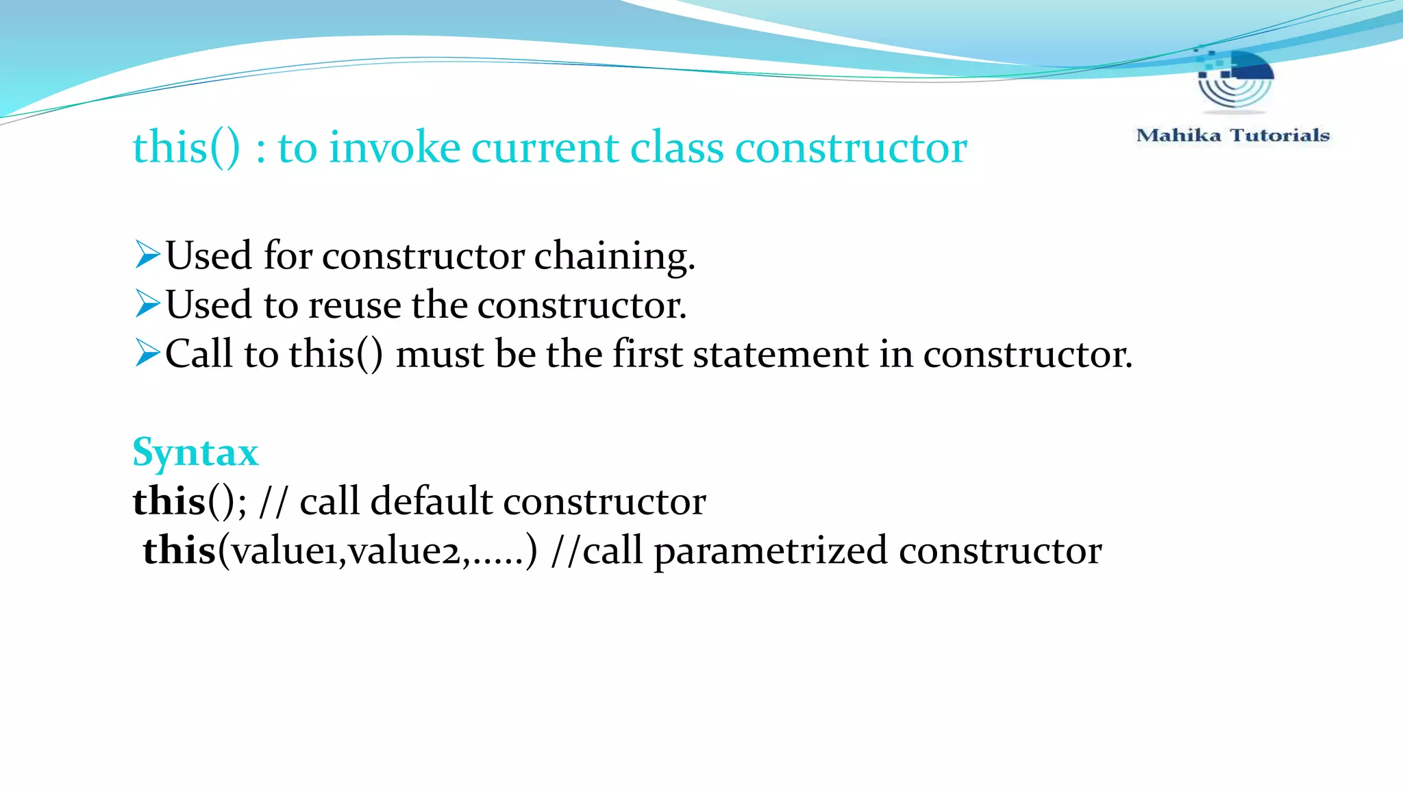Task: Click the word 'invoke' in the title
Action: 395,147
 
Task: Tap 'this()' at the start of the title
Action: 186,147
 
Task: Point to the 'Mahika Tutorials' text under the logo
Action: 1232,135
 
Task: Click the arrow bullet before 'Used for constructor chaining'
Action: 147,255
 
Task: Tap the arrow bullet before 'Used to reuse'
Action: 147,303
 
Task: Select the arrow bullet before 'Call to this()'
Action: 147,353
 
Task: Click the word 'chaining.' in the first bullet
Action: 614,256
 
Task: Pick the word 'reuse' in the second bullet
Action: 354,305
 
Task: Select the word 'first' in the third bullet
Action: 647,354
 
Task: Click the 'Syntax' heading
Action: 195,453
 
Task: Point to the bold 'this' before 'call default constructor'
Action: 169,501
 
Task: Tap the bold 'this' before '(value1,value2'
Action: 179,550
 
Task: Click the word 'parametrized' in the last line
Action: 771,551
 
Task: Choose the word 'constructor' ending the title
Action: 851,147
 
